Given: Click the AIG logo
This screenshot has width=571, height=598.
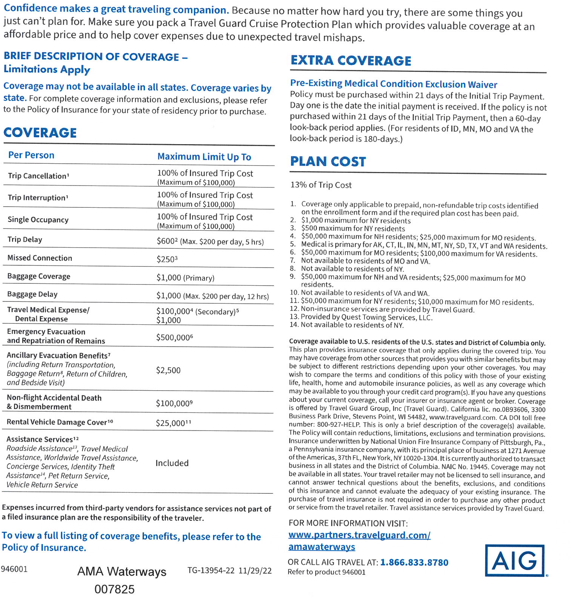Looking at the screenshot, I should tap(515, 560).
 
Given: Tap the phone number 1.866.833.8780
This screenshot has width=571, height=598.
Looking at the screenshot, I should tap(414, 562).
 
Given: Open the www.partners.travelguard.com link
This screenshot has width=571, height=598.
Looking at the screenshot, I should tap(359, 535).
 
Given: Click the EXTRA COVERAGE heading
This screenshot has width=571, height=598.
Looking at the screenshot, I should tap(351, 61).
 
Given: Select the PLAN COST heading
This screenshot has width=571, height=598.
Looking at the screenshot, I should tap(328, 161).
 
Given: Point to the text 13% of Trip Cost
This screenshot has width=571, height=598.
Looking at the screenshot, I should tap(321, 185).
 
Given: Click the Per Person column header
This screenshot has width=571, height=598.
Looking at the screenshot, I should tap(31, 155).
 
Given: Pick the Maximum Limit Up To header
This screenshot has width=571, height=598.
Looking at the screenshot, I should tap(204, 157).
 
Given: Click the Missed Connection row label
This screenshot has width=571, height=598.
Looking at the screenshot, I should tap(39, 258).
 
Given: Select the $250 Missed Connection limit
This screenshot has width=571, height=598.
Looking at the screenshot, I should tap(167, 259).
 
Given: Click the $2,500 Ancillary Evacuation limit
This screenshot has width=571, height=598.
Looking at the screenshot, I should tap(168, 370).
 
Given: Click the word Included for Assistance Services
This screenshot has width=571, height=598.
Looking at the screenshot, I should tap(172, 463).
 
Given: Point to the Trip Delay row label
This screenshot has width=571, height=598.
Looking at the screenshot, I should tap(25, 239).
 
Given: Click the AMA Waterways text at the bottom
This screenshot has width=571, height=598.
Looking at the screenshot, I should tap(121, 571).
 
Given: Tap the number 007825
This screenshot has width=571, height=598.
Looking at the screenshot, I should tap(114, 589).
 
